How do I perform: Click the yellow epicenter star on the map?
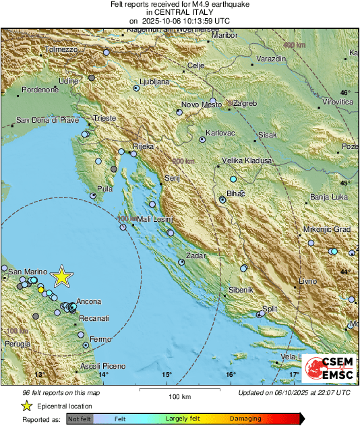pos(62,276)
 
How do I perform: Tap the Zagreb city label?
pos(245,103)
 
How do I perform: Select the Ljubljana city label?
pos(154,82)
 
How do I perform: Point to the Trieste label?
pos(105,118)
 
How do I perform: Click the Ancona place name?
pos(89,301)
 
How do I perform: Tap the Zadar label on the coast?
pos(196,257)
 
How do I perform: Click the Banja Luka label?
pos(328,197)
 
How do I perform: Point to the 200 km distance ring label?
pos(183,161)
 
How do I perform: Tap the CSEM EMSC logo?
pos(328,369)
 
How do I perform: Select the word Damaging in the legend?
pos(246,419)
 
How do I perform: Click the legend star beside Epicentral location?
pos(26,406)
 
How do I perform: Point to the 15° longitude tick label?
pos(167,375)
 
